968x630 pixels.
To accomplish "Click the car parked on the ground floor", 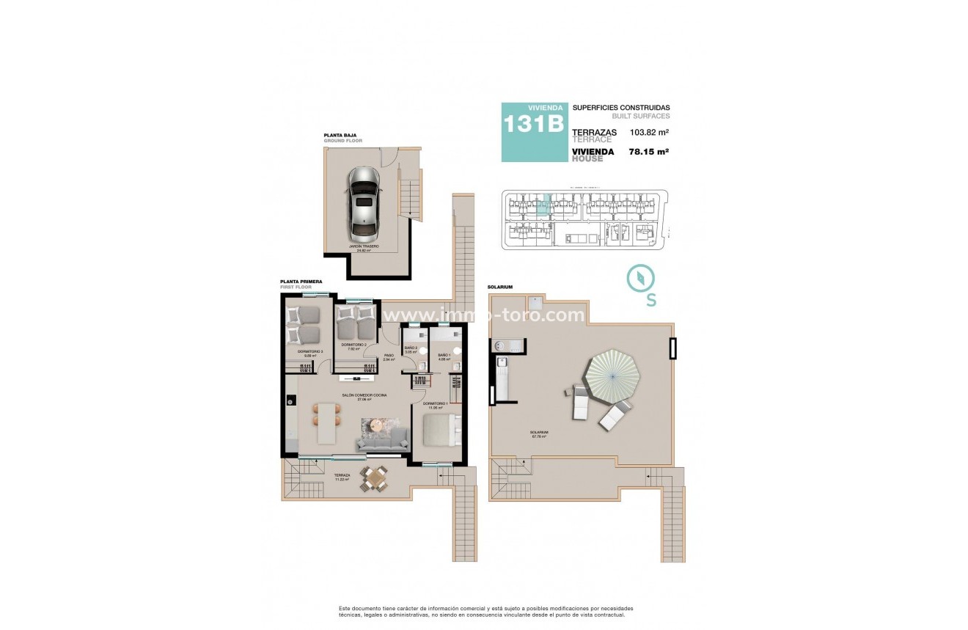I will pyautogui.click(x=364, y=205).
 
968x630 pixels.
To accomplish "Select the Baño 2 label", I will pyautogui.click(x=411, y=349).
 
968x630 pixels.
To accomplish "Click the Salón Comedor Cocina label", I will pyautogui.click(x=364, y=396).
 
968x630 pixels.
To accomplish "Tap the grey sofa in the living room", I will pyautogui.click(x=382, y=440).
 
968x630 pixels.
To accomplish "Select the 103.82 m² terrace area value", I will pyautogui.click(x=644, y=133).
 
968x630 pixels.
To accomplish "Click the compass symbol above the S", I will pyautogui.click(x=640, y=279).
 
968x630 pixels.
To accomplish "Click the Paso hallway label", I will pyautogui.click(x=389, y=357).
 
